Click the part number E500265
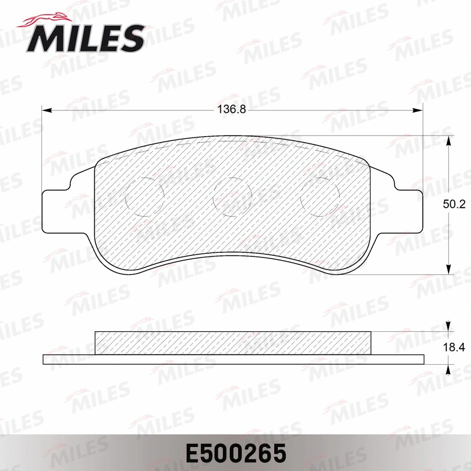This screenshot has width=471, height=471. click(x=235, y=453)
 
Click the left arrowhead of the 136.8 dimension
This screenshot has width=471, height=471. click(x=46, y=110)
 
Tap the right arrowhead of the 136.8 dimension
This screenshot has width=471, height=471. click(x=418, y=110)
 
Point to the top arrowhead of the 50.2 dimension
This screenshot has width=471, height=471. click(x=448, y=141)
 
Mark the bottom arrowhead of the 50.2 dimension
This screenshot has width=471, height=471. click(x=448, y=269)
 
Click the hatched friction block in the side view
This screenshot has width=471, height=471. click(x=232, y=343)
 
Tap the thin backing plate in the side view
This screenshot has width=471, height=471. click(x=232, y=359)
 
